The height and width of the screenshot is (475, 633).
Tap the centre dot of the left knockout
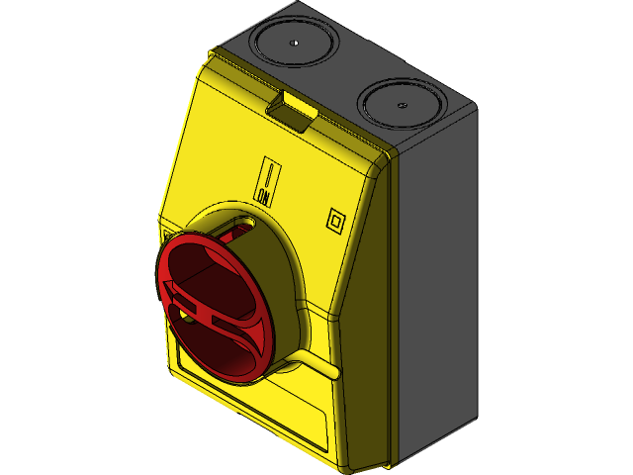(295, 43)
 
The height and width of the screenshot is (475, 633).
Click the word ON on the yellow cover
(264, 196)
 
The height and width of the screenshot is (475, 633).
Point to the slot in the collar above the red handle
(237, 230)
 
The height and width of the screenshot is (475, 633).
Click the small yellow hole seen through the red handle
(187, 318)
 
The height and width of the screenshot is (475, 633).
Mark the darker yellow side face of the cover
(366, 327)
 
